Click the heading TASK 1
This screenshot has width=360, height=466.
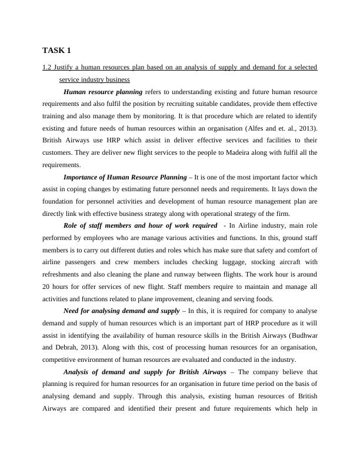coord(56,50)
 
